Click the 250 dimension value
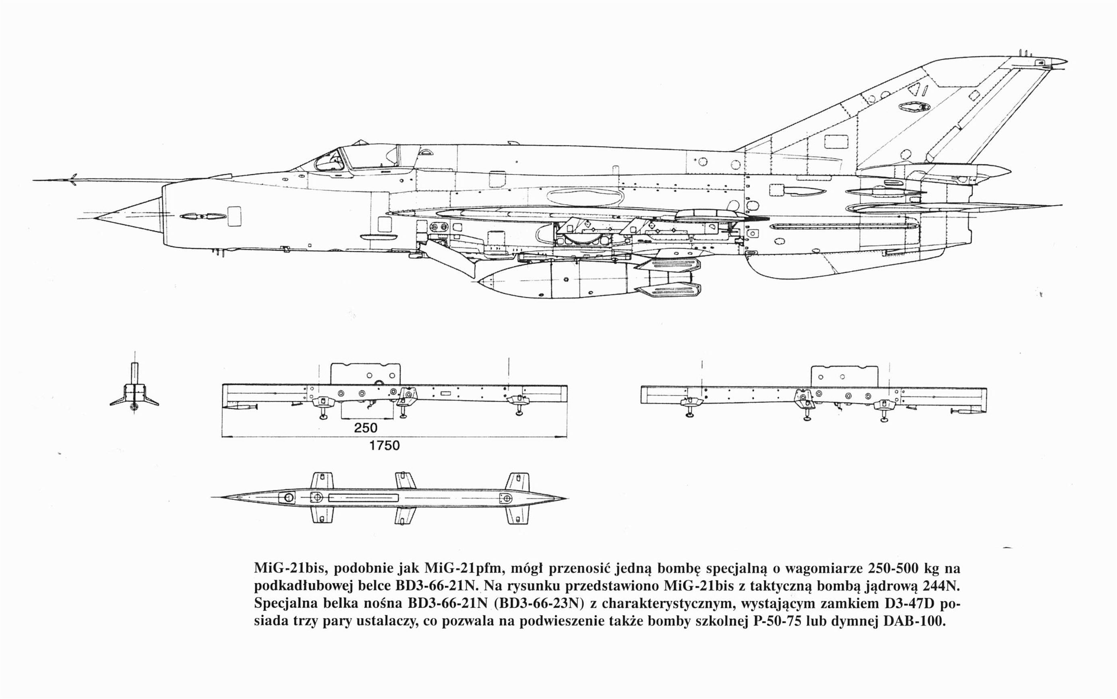365,427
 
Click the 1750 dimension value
384,445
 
